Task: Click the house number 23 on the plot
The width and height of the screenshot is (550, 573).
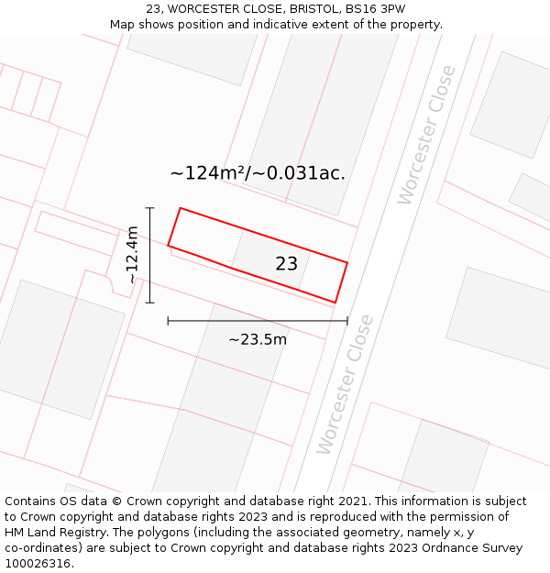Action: [x=286, y=264]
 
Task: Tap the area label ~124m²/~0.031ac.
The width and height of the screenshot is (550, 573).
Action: [x=258, y=172]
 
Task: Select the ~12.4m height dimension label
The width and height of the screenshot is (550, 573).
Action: [x=133, y=255]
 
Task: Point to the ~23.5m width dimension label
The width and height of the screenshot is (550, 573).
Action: [x=258, y=339]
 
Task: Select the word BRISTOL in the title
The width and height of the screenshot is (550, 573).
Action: [x=293, y=9]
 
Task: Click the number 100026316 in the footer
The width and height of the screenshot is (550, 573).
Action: [x=38, y=563]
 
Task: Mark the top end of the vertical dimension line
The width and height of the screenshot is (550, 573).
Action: [x=149, y=208]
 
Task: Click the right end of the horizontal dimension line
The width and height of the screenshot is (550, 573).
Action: [x=347, y=321]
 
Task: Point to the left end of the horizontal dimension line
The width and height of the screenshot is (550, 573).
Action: [x=168, y=321]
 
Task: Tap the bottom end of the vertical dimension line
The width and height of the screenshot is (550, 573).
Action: [x=149, y=303]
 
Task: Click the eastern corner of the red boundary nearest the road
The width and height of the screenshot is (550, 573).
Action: [x=347, y=262]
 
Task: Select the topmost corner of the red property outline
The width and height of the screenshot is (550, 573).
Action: [x=181, y=208]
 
